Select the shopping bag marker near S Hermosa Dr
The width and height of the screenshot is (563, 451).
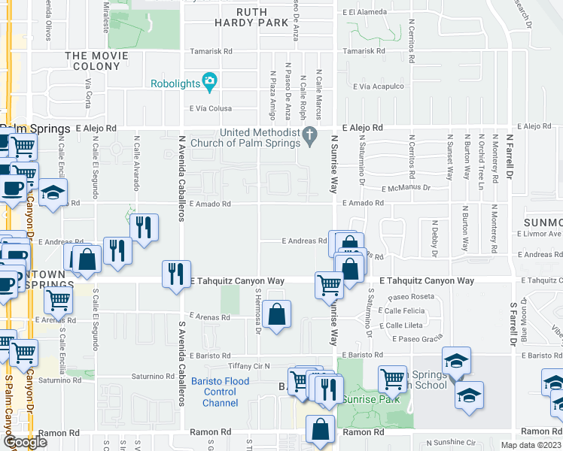coord(277,316)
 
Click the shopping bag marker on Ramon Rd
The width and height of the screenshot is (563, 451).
coord(320,431)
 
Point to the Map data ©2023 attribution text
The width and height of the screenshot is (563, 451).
coord(531,445)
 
